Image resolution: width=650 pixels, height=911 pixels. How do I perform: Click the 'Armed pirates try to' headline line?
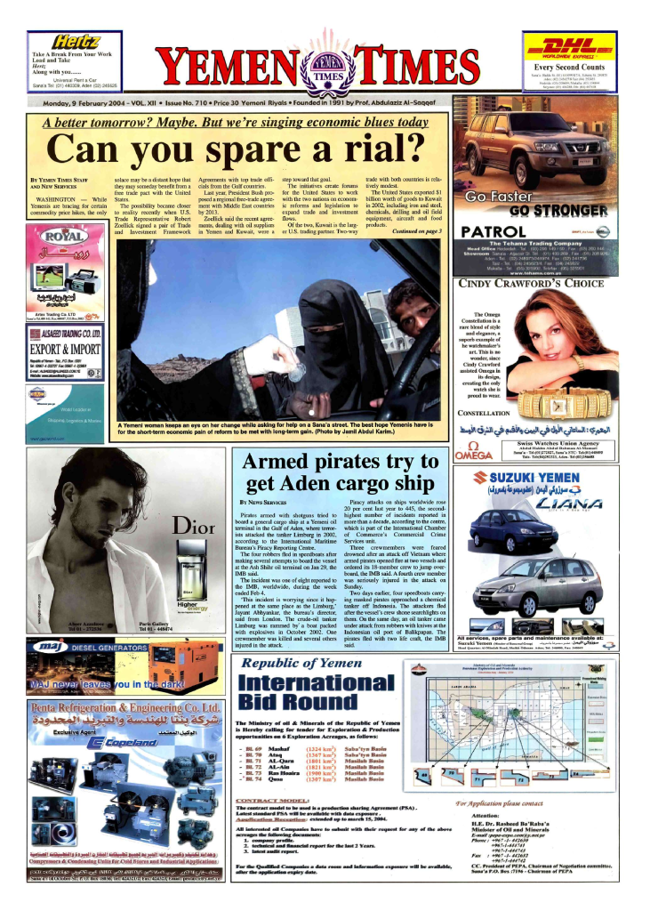pyautogui.click(x=342, y=464)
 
